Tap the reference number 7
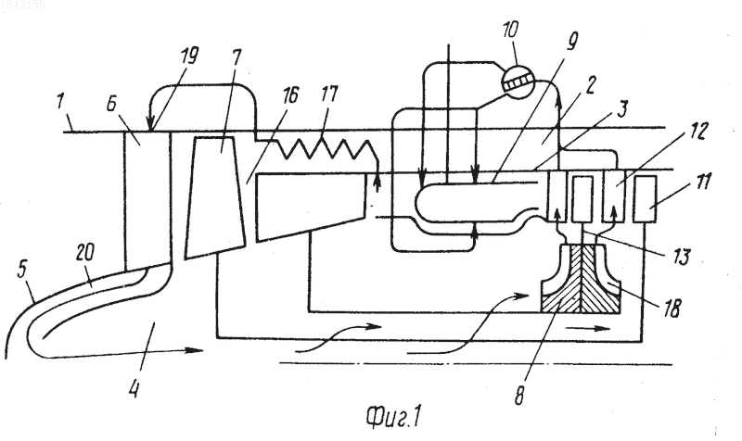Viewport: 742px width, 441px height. [x=237, y=57]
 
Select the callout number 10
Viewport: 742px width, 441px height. [x=510, y=30]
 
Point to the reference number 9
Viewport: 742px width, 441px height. [x=572, y=42]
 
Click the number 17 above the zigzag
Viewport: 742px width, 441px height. [x=329, y=94]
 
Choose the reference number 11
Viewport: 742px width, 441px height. [x=704, y=181]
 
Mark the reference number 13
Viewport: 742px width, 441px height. [x=682, y=258]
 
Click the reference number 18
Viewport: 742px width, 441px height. [x=672, y=309]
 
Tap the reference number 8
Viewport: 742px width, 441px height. [x=519, y=396]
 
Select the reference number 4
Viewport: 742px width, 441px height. [x=134, y=389]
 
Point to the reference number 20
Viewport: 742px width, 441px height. [x=85, y=252]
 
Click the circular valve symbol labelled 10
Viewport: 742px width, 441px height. [x=518, y=83]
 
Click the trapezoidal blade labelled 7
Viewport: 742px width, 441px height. [x=215, y=196]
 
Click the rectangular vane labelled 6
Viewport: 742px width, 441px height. [x=147, y=200]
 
